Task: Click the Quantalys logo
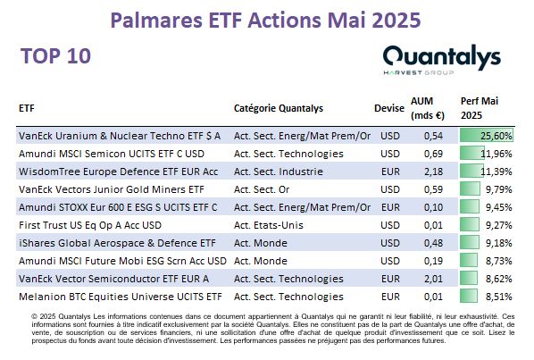(x=442, y=60)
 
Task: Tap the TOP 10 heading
(x=56, y=56)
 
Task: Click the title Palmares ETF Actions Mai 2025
(x=265, y=20)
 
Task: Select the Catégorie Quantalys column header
(x=279, y=108)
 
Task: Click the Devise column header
(x=389, y=108)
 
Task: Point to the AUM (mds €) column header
(x=428, y=108)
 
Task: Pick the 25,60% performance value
(x=496, y=136)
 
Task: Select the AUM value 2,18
(x=433, y=172)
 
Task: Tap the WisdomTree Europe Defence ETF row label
(x=118, y=172)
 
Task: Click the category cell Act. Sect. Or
(x=262, y=189)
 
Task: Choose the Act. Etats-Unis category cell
(x=269, y=225)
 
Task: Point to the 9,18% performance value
(x=499, y=243)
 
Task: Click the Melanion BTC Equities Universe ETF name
(x=121, y=297)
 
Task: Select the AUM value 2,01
(x=433, y=279)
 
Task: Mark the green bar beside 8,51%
(x=469, y=297)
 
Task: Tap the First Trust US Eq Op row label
(x=90, y=225)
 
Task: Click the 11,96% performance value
(x=496, y=154)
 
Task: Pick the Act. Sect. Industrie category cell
(x=279, y=172)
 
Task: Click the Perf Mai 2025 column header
(x=480, y=108)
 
